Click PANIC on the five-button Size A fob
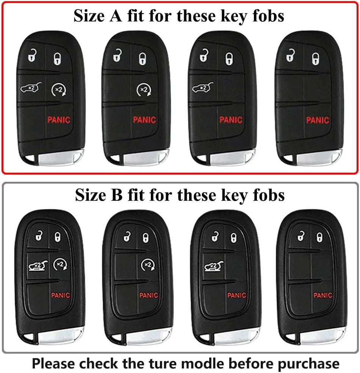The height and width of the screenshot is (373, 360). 59,120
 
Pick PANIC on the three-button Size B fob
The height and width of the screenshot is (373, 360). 323,295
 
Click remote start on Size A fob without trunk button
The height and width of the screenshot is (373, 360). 144,90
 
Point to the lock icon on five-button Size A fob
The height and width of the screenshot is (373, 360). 57,58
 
